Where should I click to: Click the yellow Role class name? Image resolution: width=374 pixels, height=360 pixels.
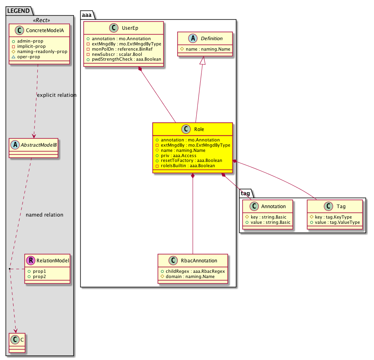199,129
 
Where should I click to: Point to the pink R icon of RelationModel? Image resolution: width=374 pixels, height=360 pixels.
30,261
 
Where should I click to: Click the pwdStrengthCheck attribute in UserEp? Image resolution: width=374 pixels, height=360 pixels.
126,59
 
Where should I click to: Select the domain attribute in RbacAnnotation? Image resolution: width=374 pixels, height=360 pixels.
185,276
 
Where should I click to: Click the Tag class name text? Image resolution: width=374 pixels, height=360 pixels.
341,206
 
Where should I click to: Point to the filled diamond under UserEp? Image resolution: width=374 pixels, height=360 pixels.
140,70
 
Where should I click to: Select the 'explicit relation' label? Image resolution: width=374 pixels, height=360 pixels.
56,95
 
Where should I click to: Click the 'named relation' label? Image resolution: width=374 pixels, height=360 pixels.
44,215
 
